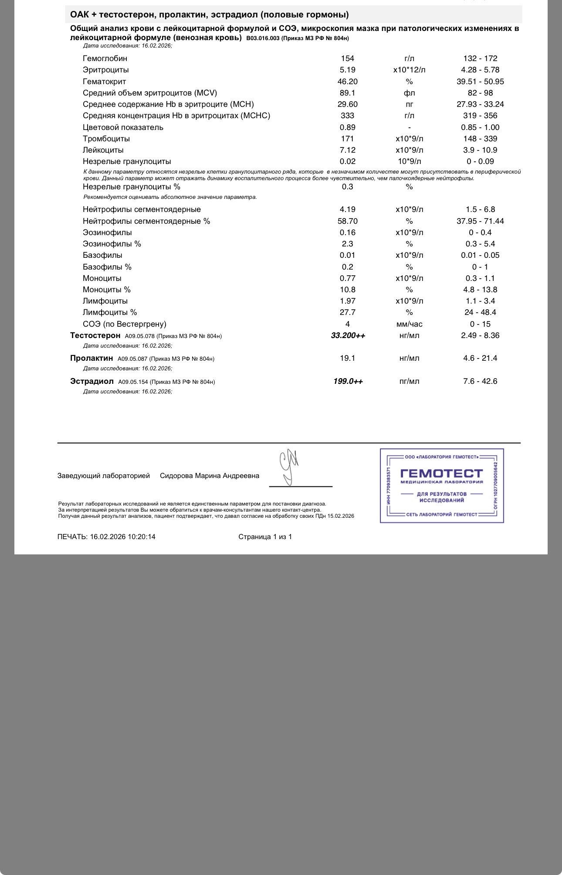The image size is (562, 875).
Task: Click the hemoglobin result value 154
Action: click(347, 58)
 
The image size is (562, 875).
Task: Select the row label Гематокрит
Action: click(104, 82)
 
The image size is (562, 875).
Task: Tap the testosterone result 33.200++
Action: click(348, 335)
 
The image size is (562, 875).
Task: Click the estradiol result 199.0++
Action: click(348, 381)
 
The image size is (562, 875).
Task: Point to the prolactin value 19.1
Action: click(347, 358)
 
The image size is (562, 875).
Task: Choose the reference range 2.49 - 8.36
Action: click(480, 335)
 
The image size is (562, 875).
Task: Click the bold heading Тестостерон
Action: click(95, 335)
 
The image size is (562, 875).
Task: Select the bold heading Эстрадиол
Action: click(91, 381)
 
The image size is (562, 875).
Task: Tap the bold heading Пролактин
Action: click(91, 358)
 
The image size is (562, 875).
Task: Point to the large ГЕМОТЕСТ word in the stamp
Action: click(441, 473)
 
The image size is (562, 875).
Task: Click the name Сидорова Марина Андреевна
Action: click(210, 476)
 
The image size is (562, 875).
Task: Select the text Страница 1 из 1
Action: click(265, 537)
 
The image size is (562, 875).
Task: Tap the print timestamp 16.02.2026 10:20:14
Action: click(123, 537)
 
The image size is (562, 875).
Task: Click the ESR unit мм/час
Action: click(409, 324)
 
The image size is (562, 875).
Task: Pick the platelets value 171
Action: click(347, 139)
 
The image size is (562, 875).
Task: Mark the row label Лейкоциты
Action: click(103, 150)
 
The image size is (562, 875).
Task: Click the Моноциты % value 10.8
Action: click(347, 290)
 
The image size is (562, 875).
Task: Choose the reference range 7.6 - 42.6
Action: click(480, 381)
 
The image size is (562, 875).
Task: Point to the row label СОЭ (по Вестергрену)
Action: click(124, 324)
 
